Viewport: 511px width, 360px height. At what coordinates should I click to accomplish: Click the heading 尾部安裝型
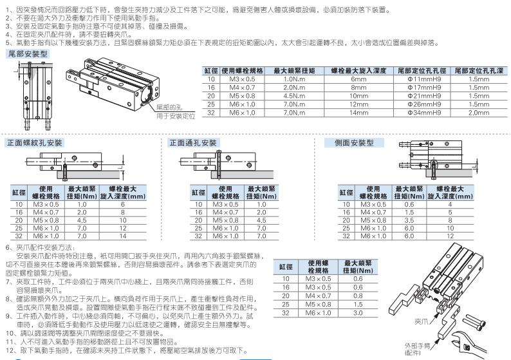tap(26, 55)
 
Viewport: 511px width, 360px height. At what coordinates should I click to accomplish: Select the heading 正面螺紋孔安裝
tap(35, 142)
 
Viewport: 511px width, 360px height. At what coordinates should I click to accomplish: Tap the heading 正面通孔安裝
tap(193, 142)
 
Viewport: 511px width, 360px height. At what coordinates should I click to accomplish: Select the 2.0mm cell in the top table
tap(480, 113)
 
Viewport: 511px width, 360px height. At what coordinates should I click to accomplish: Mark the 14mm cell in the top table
tap(358, 113)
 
